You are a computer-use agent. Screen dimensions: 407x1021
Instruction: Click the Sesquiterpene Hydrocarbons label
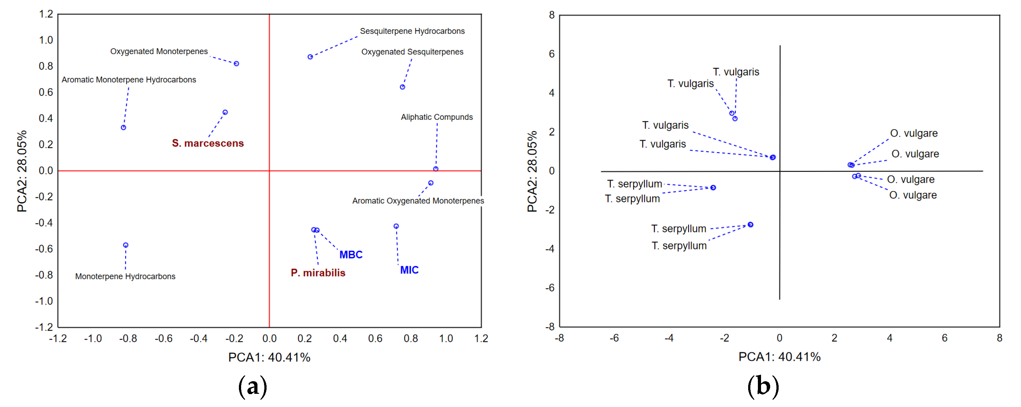[412, 31]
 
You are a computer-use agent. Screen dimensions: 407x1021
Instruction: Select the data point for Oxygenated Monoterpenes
[236, 63]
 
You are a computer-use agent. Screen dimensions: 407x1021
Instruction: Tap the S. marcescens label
[208, 143]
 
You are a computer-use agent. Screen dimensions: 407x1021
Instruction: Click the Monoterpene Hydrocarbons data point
[126, 245]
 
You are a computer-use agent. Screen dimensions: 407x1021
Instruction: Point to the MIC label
[409, 270]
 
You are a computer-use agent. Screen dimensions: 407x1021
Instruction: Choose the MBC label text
[351, 255]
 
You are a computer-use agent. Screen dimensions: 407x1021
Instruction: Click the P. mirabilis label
[318, 273]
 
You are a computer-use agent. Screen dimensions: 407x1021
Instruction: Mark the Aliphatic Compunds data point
[436, 169]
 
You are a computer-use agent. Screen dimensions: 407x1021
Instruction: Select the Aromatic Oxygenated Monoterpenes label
[418, 201]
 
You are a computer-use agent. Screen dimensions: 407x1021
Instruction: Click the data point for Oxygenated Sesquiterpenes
[402, 87]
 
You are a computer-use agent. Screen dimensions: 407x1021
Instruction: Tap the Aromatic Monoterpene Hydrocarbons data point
[124, 128]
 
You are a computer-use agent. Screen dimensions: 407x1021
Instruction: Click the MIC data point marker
[396, 226]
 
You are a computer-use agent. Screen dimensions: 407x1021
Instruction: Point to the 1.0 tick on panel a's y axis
[46, 40]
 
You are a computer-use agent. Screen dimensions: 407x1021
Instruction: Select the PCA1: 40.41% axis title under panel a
[269, 357]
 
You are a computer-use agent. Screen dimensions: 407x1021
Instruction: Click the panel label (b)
[763, 386]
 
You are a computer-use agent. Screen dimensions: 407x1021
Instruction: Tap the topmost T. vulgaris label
[736, 72]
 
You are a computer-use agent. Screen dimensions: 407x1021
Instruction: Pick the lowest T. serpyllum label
[679, 246]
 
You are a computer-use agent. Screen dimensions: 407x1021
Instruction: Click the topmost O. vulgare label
[913, 133]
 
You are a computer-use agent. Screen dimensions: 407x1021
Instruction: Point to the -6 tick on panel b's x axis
[614, 338]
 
